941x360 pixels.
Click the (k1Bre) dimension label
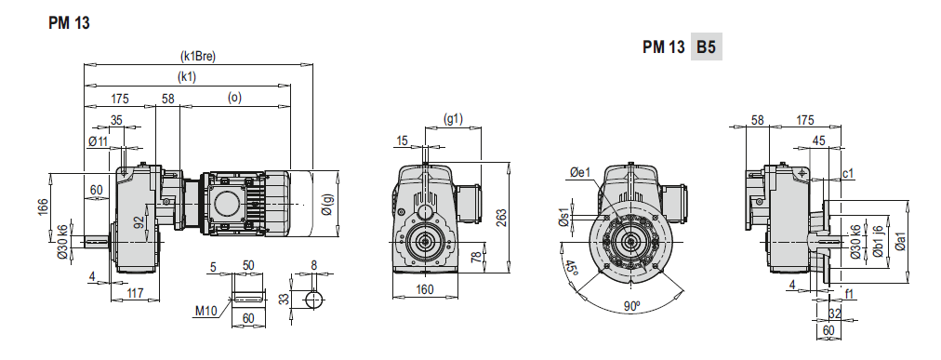(198, 57)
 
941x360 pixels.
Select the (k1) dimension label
(187, 77)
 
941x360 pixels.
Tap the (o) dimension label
(234, 98)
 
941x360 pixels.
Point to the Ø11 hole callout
(98, 141)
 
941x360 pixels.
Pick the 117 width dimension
(136, 293)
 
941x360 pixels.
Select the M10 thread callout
(205, 311)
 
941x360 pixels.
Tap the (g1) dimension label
(453, 119)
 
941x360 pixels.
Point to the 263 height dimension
(502, 217)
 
